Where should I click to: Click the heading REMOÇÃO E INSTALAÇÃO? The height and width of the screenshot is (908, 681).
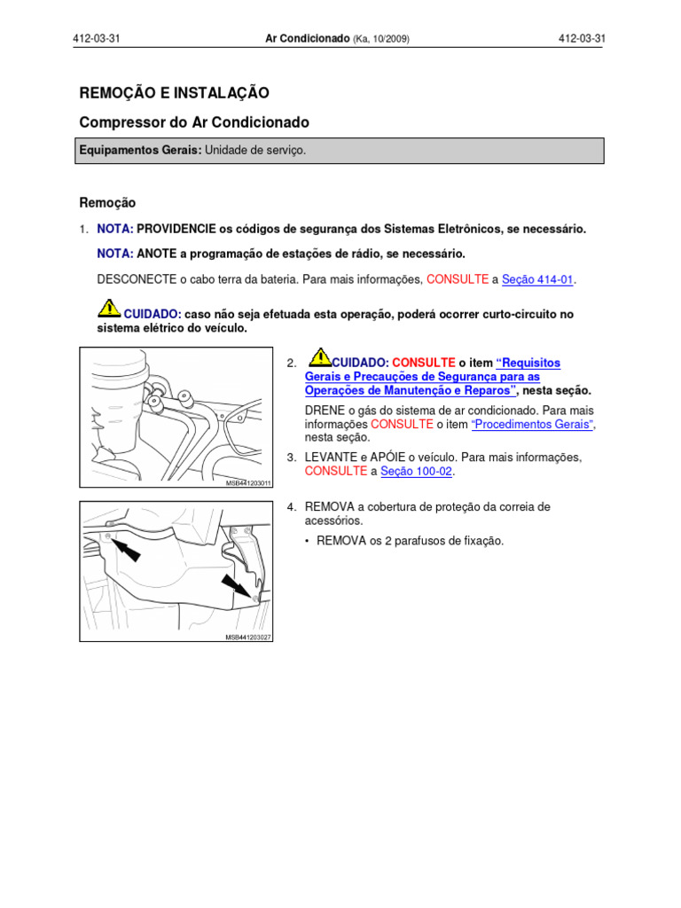coord(174,93)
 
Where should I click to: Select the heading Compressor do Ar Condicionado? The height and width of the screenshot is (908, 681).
coord(194,122)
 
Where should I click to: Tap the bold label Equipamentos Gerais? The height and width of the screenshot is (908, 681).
coord(140,151)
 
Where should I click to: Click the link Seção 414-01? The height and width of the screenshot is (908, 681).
coord(538,279)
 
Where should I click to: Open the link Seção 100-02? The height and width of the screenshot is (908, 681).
coord(416,472)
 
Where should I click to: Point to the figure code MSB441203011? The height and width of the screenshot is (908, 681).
coord(247,483)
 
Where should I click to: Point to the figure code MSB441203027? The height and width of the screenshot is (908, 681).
coord(247,638)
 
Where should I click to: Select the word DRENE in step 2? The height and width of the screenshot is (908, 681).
coord(324,411)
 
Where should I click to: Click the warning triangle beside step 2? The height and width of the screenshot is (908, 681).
coord(320,356)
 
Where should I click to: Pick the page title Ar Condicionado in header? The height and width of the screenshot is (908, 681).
coord(307,39)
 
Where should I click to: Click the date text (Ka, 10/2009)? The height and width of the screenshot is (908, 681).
coord(381,40)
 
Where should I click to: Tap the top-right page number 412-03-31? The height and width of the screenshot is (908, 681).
coord(581,39)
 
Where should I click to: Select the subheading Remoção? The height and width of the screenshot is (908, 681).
coord(107,203)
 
